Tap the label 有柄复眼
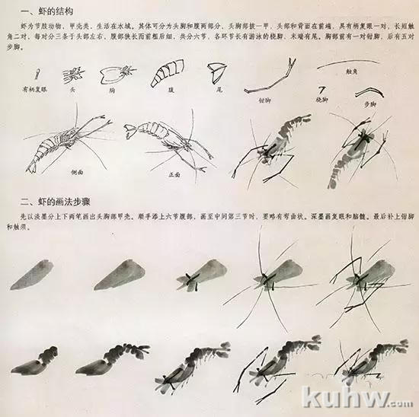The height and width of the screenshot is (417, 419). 36,88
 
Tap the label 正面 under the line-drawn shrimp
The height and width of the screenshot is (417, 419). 173,174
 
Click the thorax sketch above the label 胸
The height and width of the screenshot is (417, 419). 118,74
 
